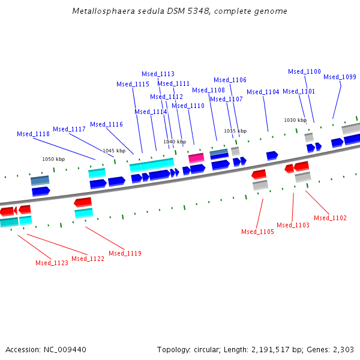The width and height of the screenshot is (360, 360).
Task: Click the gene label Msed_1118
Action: (33, 134)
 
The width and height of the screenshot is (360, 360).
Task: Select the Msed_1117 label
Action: (69, 129)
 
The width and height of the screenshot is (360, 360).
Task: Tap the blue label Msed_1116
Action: (106, 124)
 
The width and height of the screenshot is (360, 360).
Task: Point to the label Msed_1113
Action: (158, 74)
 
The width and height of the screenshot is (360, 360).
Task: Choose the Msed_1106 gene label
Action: (230, 80)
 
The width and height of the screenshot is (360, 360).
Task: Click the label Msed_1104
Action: (263, 92)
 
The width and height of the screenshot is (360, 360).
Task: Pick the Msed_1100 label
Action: (304, 71)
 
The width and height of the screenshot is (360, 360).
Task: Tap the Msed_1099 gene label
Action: (340, 77)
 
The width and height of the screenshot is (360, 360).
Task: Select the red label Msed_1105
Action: (257, 232)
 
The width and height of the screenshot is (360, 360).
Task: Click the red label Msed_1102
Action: (330, 218)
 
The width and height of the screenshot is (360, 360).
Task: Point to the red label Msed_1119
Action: (125, 253)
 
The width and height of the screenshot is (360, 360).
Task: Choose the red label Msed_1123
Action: (52, 263)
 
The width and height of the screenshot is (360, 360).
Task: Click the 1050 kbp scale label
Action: (53, 159)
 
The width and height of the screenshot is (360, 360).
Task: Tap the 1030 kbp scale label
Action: (295, 120)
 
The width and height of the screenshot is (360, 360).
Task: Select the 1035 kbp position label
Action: (235, 131)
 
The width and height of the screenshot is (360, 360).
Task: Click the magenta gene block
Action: (196, 158)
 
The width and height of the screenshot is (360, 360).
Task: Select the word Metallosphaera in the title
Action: (101, 11)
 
